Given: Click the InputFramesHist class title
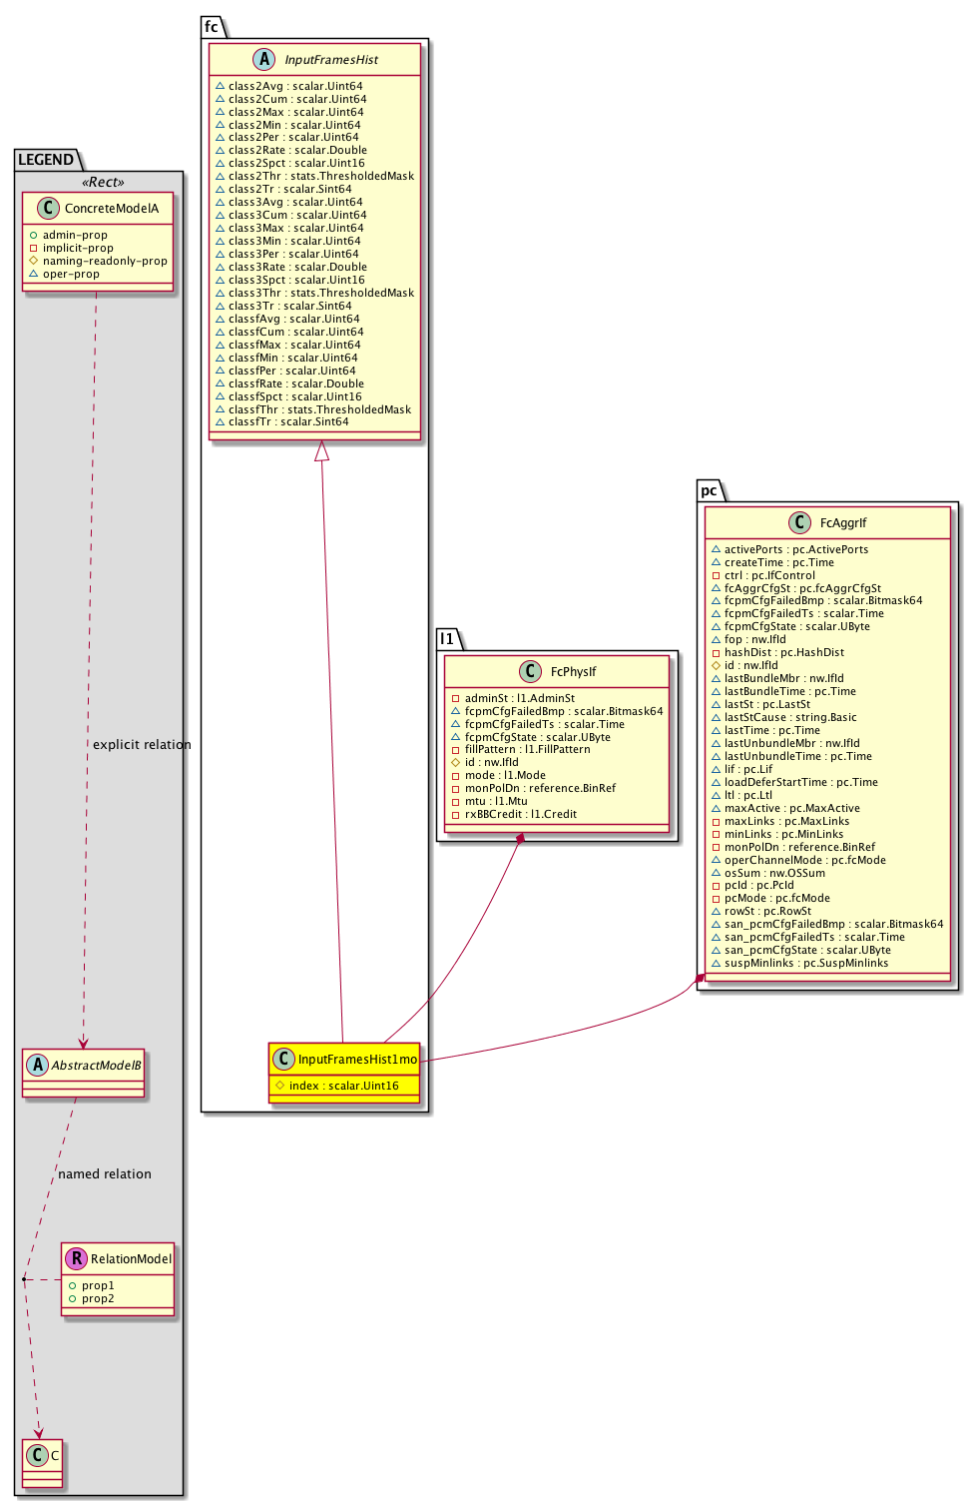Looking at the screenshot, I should coord(331,60).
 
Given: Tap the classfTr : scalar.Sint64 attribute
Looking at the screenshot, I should coord(288,422).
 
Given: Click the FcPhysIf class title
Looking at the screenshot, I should coord(573,672).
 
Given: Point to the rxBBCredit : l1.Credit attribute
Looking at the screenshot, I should coord(520,815).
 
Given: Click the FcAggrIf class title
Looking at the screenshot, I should coord(843,523).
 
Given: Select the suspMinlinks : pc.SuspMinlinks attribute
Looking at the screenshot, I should coord(805,964).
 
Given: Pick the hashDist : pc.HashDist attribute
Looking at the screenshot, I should coord(783,653).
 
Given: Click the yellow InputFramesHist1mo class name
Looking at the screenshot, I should coord(357,1060).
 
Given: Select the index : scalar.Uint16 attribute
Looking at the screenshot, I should coord(343,1087).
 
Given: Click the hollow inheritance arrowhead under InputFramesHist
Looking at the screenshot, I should coord(321,451).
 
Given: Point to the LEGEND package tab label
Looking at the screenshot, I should coord(46,160).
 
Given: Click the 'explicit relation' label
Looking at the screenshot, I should coord(142,745).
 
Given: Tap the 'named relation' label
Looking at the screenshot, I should coord(105,1174).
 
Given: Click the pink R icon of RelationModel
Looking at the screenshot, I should coord(76,1259).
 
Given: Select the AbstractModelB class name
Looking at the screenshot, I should coord(96,1066).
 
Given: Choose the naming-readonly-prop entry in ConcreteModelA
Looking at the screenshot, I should coord(105,262).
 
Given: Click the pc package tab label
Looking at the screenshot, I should coord(709,490).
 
